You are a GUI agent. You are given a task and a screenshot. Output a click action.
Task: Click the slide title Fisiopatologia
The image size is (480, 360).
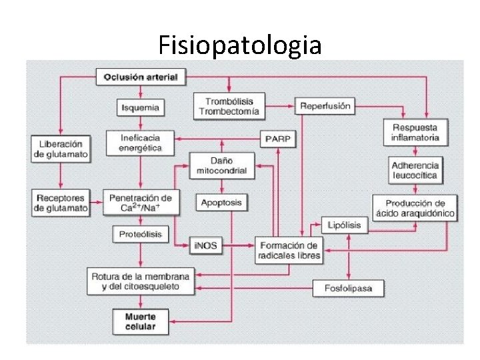click(x=240, y=45)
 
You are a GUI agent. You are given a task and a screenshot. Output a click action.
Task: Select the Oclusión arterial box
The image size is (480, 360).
click(x=141, y=77)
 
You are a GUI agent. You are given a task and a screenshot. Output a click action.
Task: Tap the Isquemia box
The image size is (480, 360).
click(x=141, y=107)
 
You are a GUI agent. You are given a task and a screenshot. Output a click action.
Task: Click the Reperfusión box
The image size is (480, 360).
click(x=325, y=106)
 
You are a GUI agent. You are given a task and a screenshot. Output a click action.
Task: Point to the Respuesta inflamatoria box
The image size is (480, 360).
click(x=415, y=133)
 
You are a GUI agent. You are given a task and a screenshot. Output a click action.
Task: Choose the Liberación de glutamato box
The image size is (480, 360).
click(x=61, y=148)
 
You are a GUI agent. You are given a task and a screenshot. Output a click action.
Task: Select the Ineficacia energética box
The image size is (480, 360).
click(x=140, y=142)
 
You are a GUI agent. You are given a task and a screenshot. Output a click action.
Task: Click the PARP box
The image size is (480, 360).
click(x=278, y=139)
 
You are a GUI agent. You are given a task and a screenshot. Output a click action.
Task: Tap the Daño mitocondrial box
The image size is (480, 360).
click(x=222, y=165)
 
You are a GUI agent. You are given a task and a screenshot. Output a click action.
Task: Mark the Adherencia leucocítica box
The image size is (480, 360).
click(x=415, y=170)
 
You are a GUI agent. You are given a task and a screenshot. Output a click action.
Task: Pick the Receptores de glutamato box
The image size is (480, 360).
click(x=61, y=203)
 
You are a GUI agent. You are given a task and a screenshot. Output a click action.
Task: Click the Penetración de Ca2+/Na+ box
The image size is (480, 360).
click(x=140, y=203)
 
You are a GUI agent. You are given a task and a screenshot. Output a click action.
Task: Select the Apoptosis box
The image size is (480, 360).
click(x=221, y=202)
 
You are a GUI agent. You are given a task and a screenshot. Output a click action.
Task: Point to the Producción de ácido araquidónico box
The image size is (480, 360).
click(x=415, y=208)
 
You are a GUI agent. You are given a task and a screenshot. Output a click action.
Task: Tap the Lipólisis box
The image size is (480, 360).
click(x=344, y=225)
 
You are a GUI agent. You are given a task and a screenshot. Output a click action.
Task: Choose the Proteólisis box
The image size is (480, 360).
click(x=140, y=234)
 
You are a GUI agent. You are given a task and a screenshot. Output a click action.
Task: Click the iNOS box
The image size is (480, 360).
click(x=205, y=246)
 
